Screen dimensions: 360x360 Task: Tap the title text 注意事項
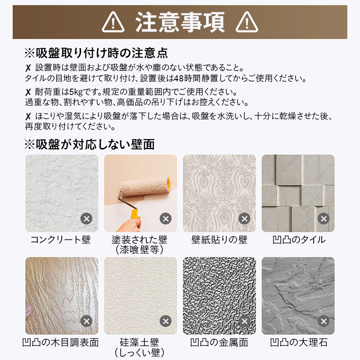click(180, 22)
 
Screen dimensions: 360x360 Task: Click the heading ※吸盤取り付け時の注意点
click(96, 53)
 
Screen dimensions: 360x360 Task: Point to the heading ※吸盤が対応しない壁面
click(89, 144)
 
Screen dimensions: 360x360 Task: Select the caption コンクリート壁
click(61, 239)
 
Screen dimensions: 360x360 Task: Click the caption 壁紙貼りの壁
click(219, 239)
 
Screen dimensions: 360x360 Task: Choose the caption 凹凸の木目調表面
click(61, 342)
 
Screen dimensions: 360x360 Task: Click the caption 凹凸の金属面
click(219, 342)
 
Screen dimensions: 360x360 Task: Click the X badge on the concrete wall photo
click(86, 219)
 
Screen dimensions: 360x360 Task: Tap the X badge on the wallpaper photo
click(244, 219)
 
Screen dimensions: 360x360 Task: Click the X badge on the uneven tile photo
click(323, 219)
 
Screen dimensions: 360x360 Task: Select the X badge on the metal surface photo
click(244, 321)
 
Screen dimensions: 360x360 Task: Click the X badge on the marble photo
click(323, 321)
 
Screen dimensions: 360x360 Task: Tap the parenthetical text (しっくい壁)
click(139, 352)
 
